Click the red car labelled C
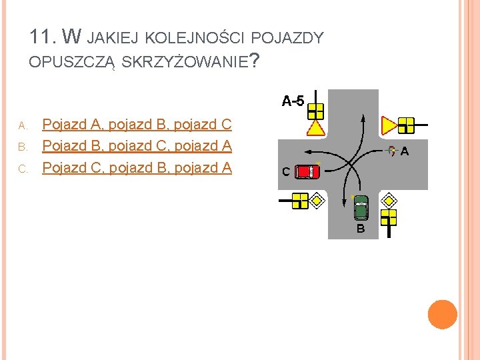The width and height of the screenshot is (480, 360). [x=307, y=171]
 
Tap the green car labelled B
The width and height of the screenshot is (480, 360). [x=361, y=208]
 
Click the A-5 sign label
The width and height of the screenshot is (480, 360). [x=293, y=101]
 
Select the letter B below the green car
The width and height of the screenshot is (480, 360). [x=361, y=229]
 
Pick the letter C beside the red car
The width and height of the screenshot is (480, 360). [x=285, y=172]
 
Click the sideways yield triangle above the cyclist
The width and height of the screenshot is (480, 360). [x=389, y=124]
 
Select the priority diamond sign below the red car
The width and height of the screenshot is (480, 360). [x=318, y=199]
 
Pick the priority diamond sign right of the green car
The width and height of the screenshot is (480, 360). [x=388, y=199]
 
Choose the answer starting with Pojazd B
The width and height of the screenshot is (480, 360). [x=137, y=146]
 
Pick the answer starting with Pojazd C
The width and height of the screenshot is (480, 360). [x=137, y=167]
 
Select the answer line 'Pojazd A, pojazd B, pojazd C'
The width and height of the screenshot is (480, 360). [x=137, y=125]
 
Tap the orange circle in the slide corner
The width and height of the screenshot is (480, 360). [x=443, y=315]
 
